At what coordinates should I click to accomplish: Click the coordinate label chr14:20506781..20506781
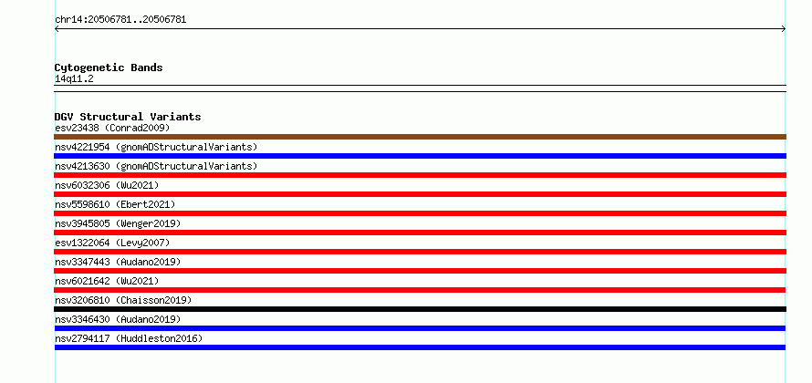point(120,20)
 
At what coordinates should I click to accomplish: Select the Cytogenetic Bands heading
point(109,67)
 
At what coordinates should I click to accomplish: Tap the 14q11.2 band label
point(74,79)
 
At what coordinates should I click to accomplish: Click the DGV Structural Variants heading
point(128,117)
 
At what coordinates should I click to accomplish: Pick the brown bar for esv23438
point(420,137)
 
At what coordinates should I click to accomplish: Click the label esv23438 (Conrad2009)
point(112,128)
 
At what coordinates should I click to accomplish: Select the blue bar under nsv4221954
point(420,156)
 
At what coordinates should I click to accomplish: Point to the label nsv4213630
point(82,166)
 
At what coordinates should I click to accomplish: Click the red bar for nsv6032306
point(420,194)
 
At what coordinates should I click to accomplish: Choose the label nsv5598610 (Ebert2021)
point(115,204)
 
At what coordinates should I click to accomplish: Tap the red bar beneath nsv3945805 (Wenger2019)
point(420,233)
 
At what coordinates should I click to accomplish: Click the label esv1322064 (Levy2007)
point(112,243)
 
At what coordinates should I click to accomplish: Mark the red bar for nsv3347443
point(420,271)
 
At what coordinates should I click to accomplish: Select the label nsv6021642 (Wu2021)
point(107,281)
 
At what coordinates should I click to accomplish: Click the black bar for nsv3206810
point(420,309)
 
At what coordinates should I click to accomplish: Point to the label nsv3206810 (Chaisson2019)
point(123,300)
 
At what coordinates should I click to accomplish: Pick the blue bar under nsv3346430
point(420,328)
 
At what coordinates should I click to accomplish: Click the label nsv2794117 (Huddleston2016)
point(129,338)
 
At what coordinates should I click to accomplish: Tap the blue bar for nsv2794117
point(420,347)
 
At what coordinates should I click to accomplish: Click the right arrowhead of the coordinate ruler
point(785,29)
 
